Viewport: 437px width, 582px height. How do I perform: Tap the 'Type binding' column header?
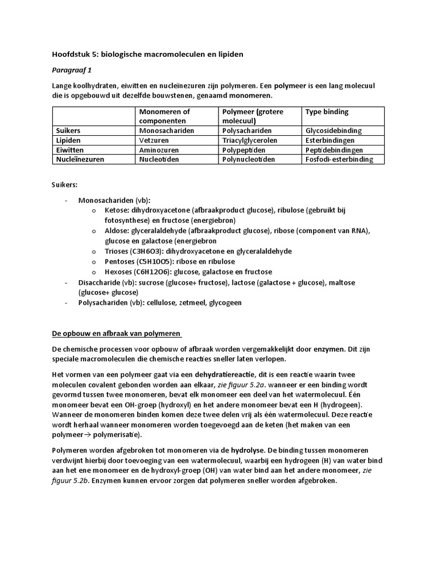pyautogui.click(x=327, y=112)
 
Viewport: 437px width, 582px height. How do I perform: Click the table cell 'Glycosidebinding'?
pyautogui.click(x=333, y=130)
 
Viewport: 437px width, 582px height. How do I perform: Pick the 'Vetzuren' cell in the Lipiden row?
pyautogui.click(x=155, y=140)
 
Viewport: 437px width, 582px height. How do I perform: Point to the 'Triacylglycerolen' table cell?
pyautogui.click(x=252, y=140)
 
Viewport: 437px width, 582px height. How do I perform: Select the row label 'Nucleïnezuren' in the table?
pyautogui.click(x=80, y=159)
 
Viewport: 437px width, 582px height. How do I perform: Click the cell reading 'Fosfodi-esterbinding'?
pyautogui.click(x=339, y=159)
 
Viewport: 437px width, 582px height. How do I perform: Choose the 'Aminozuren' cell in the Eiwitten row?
pyautogui.click(x=159, y=149)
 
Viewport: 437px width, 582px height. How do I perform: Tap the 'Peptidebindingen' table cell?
pyautogui.click(x=334, y=149)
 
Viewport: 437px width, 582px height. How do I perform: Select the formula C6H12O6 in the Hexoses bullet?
pyautogui.click(x=149, y=272)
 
